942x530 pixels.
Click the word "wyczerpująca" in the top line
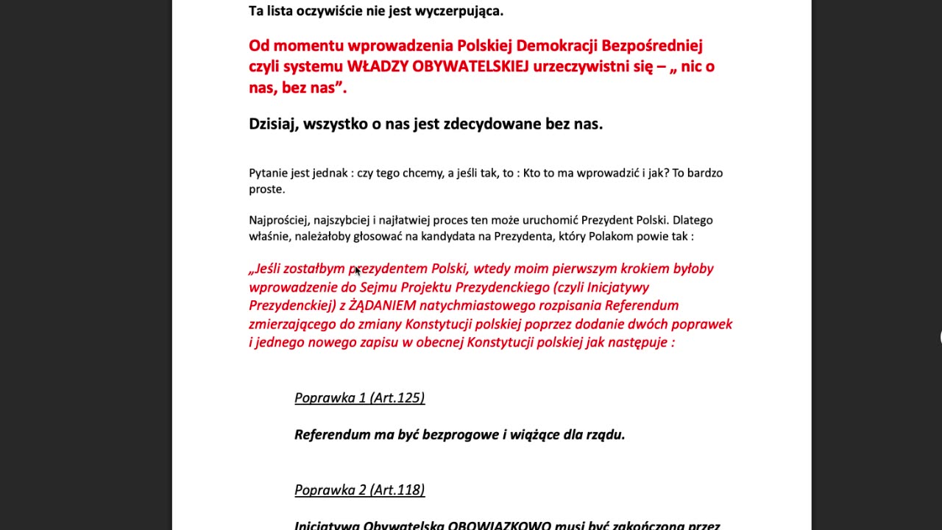pos(458,11)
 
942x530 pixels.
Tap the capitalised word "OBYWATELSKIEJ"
pos(470,66)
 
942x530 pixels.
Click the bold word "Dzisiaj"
pos(272,124)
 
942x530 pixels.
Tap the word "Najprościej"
pos(279,220)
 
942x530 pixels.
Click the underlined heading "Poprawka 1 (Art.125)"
pos(359,398)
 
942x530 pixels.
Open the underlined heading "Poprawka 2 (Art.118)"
pos(359,490)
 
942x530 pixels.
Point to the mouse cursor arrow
pos(357,271)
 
